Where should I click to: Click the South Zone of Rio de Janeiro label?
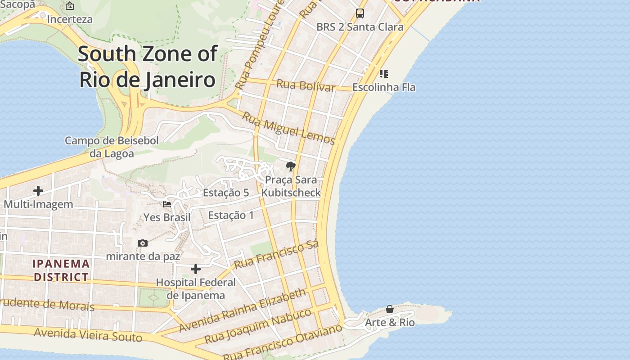[x=148, y=67]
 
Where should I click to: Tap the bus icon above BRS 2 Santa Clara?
[x=360, y=13]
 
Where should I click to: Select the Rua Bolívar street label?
[x=306, y=85]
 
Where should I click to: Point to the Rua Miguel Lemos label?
[x=288, y=128]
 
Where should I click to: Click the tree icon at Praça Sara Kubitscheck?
[x=291, y=166]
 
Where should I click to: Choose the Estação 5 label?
[x=226, y=193]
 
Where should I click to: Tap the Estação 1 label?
[x=231, y=215]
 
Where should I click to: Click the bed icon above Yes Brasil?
[x=167, y=204]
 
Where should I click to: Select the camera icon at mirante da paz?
[x=143, y=243]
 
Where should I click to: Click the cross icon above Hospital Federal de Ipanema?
[x=196, y=269]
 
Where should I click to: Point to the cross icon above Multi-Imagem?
[x=38, y=191]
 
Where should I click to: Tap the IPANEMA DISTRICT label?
[x=61, y=270]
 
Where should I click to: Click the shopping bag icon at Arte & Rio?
[x=390, y=309]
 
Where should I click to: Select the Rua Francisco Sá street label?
[x=276, y=255]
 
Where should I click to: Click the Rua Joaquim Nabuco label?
[x=258, y=326]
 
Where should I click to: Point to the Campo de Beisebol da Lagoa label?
[x=112, y=147]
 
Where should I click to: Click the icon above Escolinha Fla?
[x=383, y=73]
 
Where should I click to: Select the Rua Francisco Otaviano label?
[x=283, y=342]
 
